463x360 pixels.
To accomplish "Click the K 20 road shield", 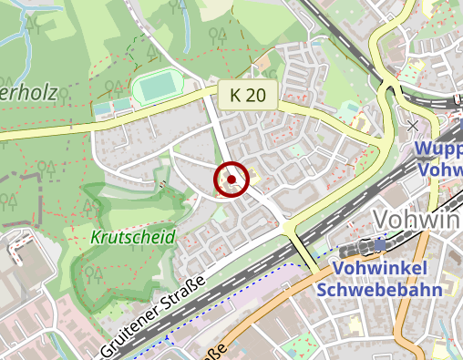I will click(246, 94).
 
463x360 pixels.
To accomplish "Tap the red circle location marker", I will click(232, 179).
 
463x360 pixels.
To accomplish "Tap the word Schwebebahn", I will click(375, 290).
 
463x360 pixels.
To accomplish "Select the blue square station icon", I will click(379, 245).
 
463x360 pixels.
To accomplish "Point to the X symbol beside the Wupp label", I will click(414, 124).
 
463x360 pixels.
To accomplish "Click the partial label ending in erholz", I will click(19, 92).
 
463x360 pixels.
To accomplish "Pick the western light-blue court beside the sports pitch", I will click(101, 108).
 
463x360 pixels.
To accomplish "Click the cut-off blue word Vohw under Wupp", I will click(441, 170).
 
